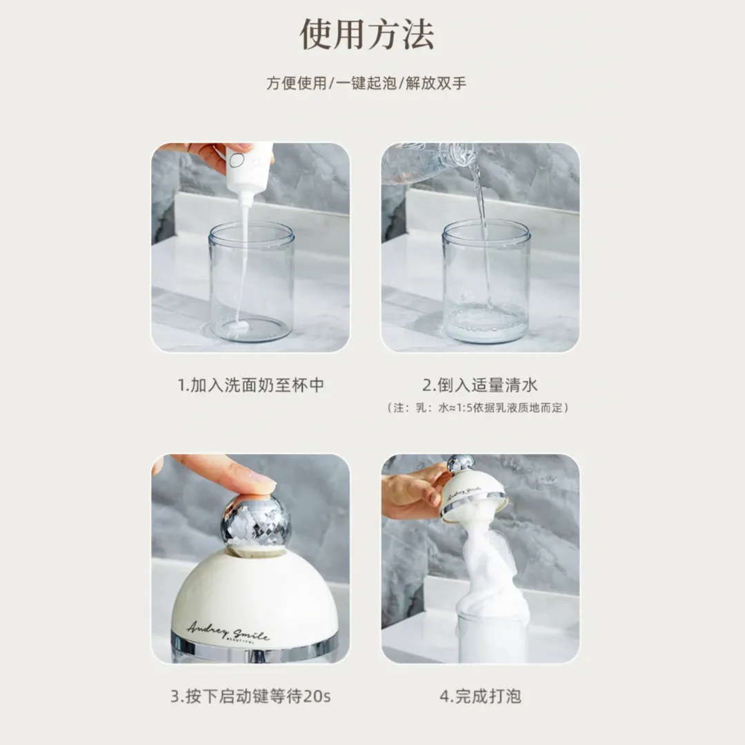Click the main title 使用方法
367,34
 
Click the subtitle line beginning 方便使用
366,83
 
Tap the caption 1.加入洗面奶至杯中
251,385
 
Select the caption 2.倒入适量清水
480,385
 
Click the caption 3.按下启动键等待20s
250,696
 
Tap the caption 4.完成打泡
480,696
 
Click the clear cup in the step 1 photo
251,282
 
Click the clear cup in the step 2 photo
486,282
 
